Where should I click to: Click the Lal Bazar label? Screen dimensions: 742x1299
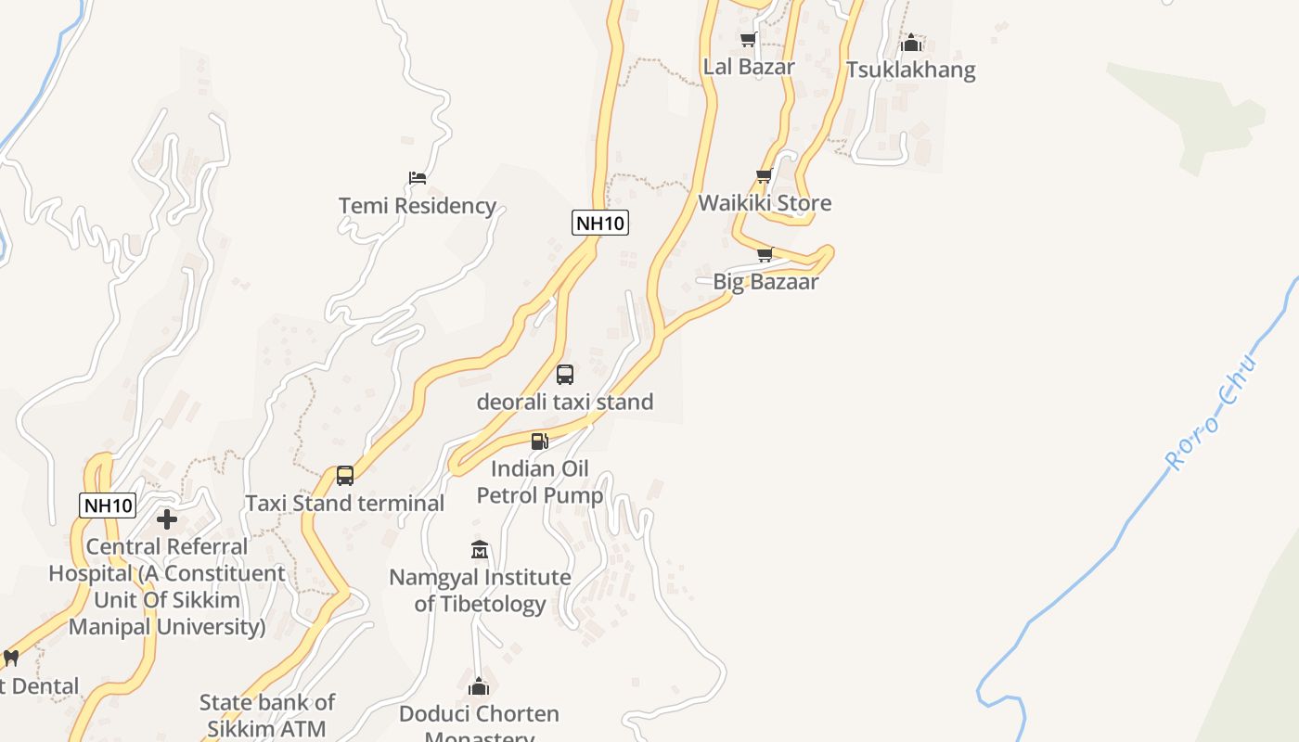[749, 67]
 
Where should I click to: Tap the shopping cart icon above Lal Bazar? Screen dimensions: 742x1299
[748, 39]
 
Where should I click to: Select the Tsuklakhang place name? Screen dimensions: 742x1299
[910, 70]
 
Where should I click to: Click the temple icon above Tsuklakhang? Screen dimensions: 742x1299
[911, 43]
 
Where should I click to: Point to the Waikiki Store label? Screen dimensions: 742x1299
[765, 203]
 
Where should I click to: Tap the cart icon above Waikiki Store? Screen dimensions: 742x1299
[765, 176]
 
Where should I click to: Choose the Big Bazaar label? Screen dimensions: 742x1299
[765, 282]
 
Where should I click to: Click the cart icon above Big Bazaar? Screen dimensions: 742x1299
[765, 255]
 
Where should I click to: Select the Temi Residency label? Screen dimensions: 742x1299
[417, 206]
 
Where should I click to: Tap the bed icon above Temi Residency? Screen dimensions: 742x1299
[418, 178]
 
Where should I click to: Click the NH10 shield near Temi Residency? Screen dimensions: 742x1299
[600, 223]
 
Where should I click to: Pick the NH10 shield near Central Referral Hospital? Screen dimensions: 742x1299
[109, 505]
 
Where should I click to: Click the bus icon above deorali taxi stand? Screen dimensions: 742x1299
[565, 375]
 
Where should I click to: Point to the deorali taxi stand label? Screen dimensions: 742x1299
[565, 402]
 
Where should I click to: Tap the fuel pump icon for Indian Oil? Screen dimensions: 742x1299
[540, 441]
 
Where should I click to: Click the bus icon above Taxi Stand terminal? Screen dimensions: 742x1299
[345, 476]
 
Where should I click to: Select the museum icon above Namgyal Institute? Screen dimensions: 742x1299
[480, 550]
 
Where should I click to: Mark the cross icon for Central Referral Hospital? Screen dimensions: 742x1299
[167, 519]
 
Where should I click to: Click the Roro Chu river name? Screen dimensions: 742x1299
[1210, 412]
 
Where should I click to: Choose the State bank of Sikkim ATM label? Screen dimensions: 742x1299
[267, 715]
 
